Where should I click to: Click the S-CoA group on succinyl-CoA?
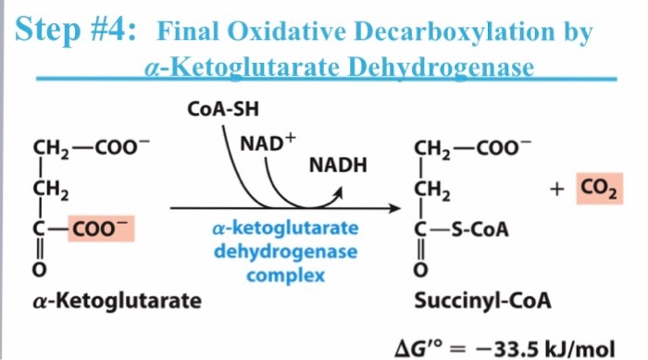point(477,229)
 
